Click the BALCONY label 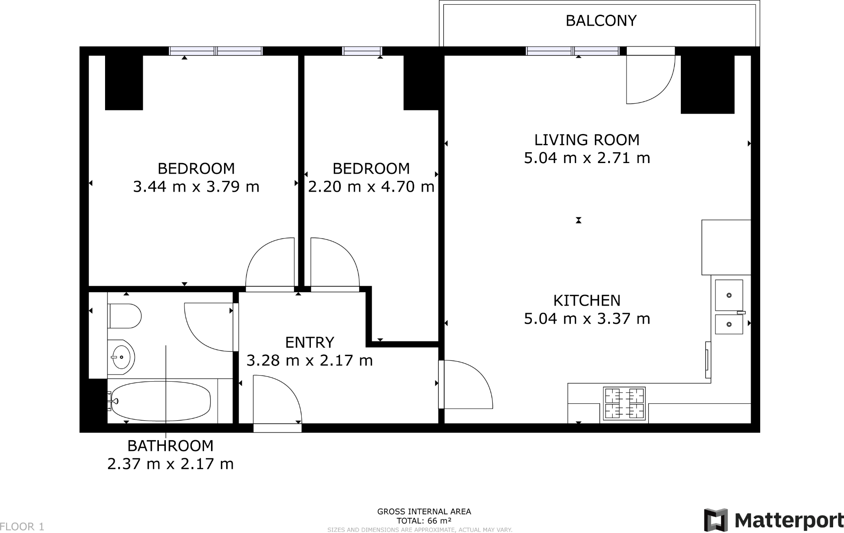coord(601,21)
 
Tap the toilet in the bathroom coord(125,316)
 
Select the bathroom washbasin coord(121,357)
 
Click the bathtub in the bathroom coord(159,401)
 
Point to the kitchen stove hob coord(624,403)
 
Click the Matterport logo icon coord(715,520)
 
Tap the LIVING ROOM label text coord(587,140)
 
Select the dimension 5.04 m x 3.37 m coord(587,319)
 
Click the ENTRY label coord(310,343)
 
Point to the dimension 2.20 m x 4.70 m coord(371,187)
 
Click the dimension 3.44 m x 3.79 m coord(196,187)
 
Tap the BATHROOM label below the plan coord(170,446)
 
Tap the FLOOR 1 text coord(22,526)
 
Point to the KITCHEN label coord(587,301)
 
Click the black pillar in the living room coord(707,84)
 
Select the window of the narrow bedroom coord(362,51)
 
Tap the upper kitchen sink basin coord(729,295)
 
